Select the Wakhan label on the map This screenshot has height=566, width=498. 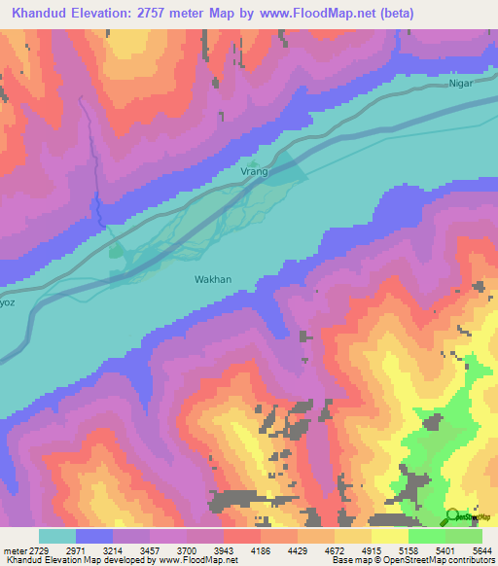click(213, 279)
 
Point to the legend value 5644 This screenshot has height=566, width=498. click(483, 550)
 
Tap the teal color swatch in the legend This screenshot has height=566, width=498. click(57, 536)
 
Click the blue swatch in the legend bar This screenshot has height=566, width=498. click(94, 536)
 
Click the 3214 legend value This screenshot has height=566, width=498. click(132, 550)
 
